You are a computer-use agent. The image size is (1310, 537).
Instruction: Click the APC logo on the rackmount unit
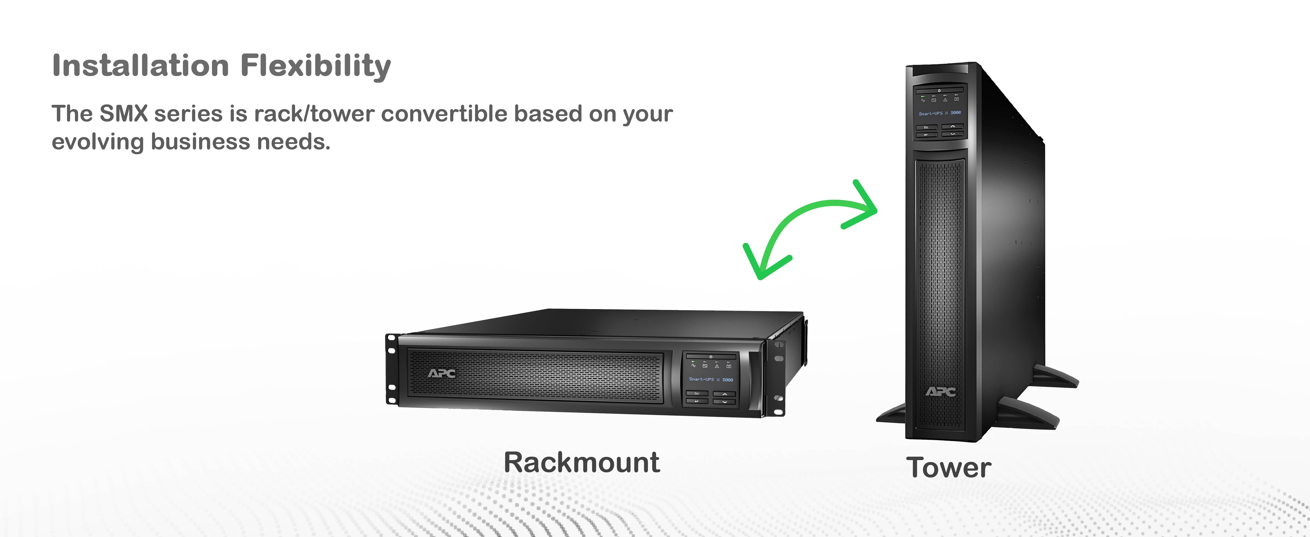(441, 374)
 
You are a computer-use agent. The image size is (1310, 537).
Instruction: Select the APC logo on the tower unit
(940, 391)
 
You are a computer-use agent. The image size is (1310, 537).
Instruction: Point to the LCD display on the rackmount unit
(710, 379)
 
